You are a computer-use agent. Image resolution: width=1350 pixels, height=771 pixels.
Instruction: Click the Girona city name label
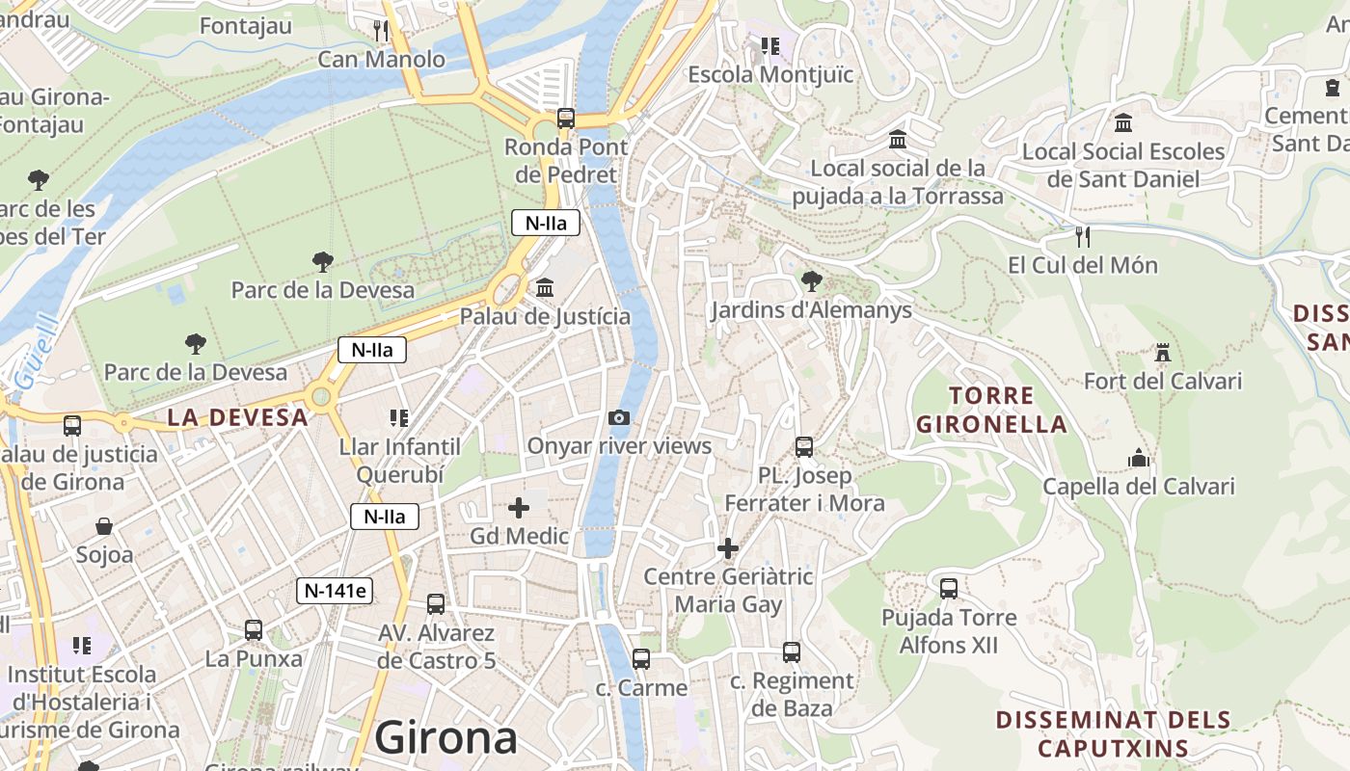coord(445,738)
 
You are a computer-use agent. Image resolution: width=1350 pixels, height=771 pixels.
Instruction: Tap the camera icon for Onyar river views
coord(619,417)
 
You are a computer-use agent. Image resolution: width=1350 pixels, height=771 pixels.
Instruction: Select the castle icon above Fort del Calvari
coord(1163,353)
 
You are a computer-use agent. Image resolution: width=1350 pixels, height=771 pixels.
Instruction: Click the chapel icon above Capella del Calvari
coord(1139,458)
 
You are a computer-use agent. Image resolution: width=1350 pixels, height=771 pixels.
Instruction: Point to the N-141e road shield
coord(334,591)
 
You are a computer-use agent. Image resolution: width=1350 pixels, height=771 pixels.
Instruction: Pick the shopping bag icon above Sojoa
coord(104,526)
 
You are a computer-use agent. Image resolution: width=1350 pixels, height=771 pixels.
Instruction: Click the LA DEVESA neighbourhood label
coord(237,417)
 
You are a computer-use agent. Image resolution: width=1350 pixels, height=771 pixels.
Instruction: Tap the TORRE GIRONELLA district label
coord(991,410)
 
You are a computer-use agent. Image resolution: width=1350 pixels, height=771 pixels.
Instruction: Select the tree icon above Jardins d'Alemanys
coord(811,281)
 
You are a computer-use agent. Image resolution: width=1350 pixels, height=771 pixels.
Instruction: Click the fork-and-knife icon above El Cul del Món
coord(1083,236)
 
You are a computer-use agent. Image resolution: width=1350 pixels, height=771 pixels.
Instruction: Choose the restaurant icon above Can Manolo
coord(382,31)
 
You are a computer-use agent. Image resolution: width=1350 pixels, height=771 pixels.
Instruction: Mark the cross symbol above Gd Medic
coord(519,507)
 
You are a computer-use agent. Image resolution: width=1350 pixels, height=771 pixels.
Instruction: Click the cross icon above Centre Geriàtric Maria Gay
coord(728,548)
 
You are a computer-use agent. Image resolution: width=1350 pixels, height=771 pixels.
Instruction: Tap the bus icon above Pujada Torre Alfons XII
coord(949,588)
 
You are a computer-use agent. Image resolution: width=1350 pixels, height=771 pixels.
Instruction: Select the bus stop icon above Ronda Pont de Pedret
coord(566,119)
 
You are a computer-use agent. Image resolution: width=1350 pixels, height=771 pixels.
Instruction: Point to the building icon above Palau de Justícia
coord(545,287)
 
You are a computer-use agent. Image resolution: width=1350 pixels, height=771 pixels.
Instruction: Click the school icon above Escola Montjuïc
coord(769,45)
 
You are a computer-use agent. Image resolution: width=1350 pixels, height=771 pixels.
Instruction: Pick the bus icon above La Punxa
coord(254,629)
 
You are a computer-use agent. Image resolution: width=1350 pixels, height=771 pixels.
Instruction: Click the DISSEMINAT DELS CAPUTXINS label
coord(1113,733)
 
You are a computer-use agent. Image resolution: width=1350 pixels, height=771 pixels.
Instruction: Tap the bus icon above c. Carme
coord(641,659)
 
